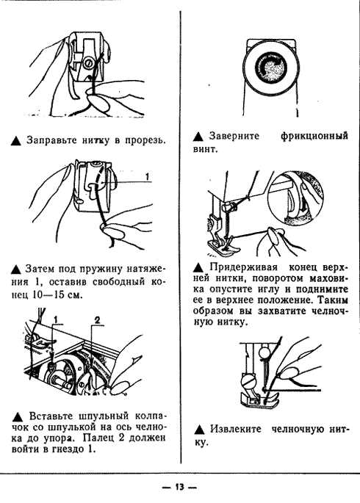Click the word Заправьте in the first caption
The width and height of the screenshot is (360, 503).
51,140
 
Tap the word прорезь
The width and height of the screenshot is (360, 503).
143,140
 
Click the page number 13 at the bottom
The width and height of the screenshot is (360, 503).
179,488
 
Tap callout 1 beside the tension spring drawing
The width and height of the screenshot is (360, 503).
147,176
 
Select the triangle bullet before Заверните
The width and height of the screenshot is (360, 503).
199,137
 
